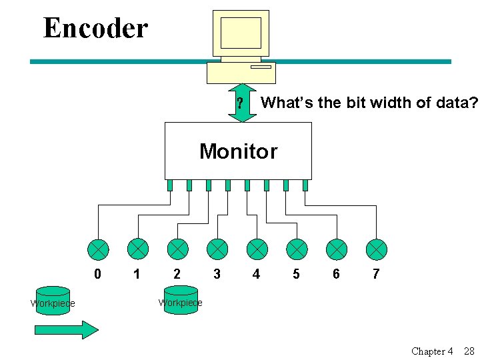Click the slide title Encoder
click(95, 29)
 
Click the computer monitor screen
click(241, 33)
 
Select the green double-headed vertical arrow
click(242, 103)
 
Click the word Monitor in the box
click(238, 151)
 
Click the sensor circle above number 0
click(98, 249)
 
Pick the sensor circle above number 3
click(217, 249)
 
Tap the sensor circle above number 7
click(376, 249)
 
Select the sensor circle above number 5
click(297, 249)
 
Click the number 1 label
click(137, 273)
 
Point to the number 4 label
click(257, 273)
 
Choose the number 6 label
click(336, 273)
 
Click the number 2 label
click(177, 273)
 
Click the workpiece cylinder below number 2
click(181, 300)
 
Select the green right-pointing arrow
click(66, 330)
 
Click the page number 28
click(469, 351)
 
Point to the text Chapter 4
click(432, 351)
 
